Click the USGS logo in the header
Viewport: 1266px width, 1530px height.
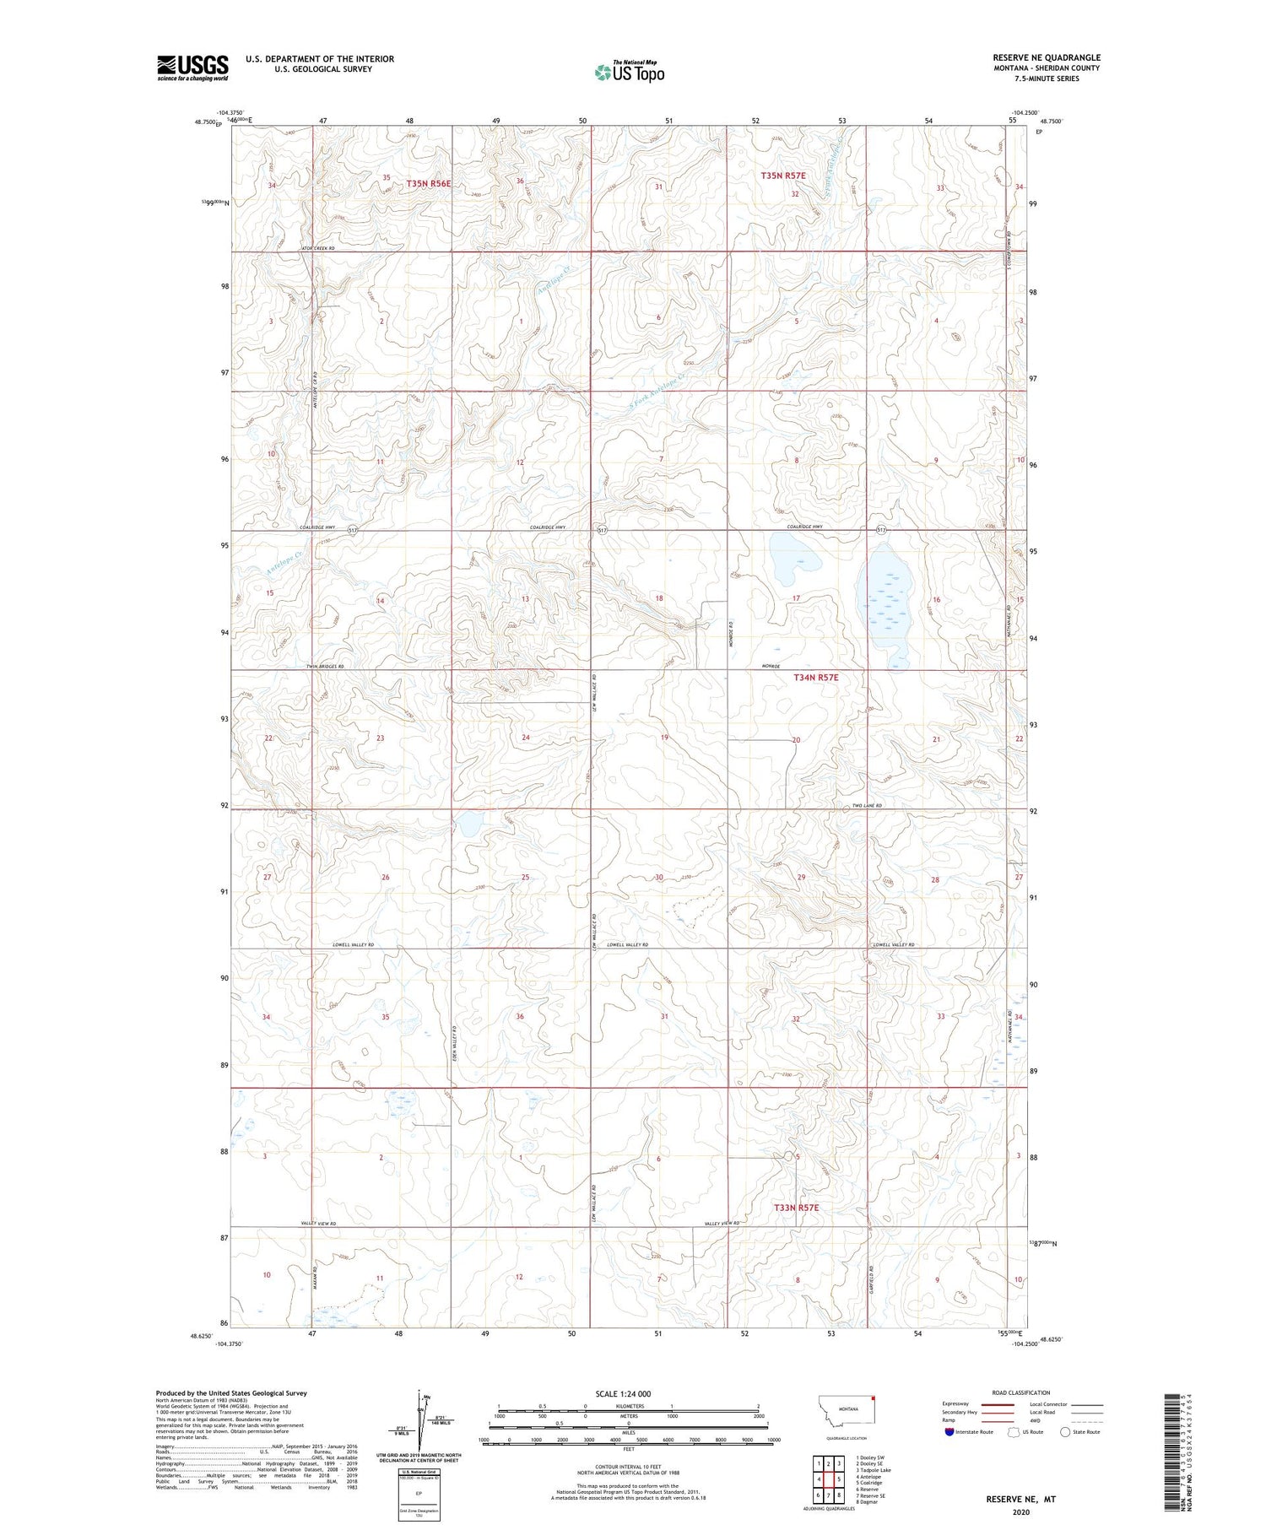click(192, 68)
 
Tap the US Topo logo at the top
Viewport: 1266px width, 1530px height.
click(629, 73)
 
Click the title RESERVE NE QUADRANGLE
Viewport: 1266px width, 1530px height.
click(1047, 57)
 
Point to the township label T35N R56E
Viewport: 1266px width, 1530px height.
click(429, 183)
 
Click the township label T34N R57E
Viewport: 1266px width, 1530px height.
click(815, 678)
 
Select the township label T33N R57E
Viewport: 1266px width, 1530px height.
click(796, 1208)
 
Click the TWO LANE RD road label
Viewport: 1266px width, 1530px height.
click(867, 806)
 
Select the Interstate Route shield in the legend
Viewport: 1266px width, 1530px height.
click(950, 1432)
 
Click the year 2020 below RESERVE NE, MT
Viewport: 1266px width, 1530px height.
click(1021, 1513)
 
